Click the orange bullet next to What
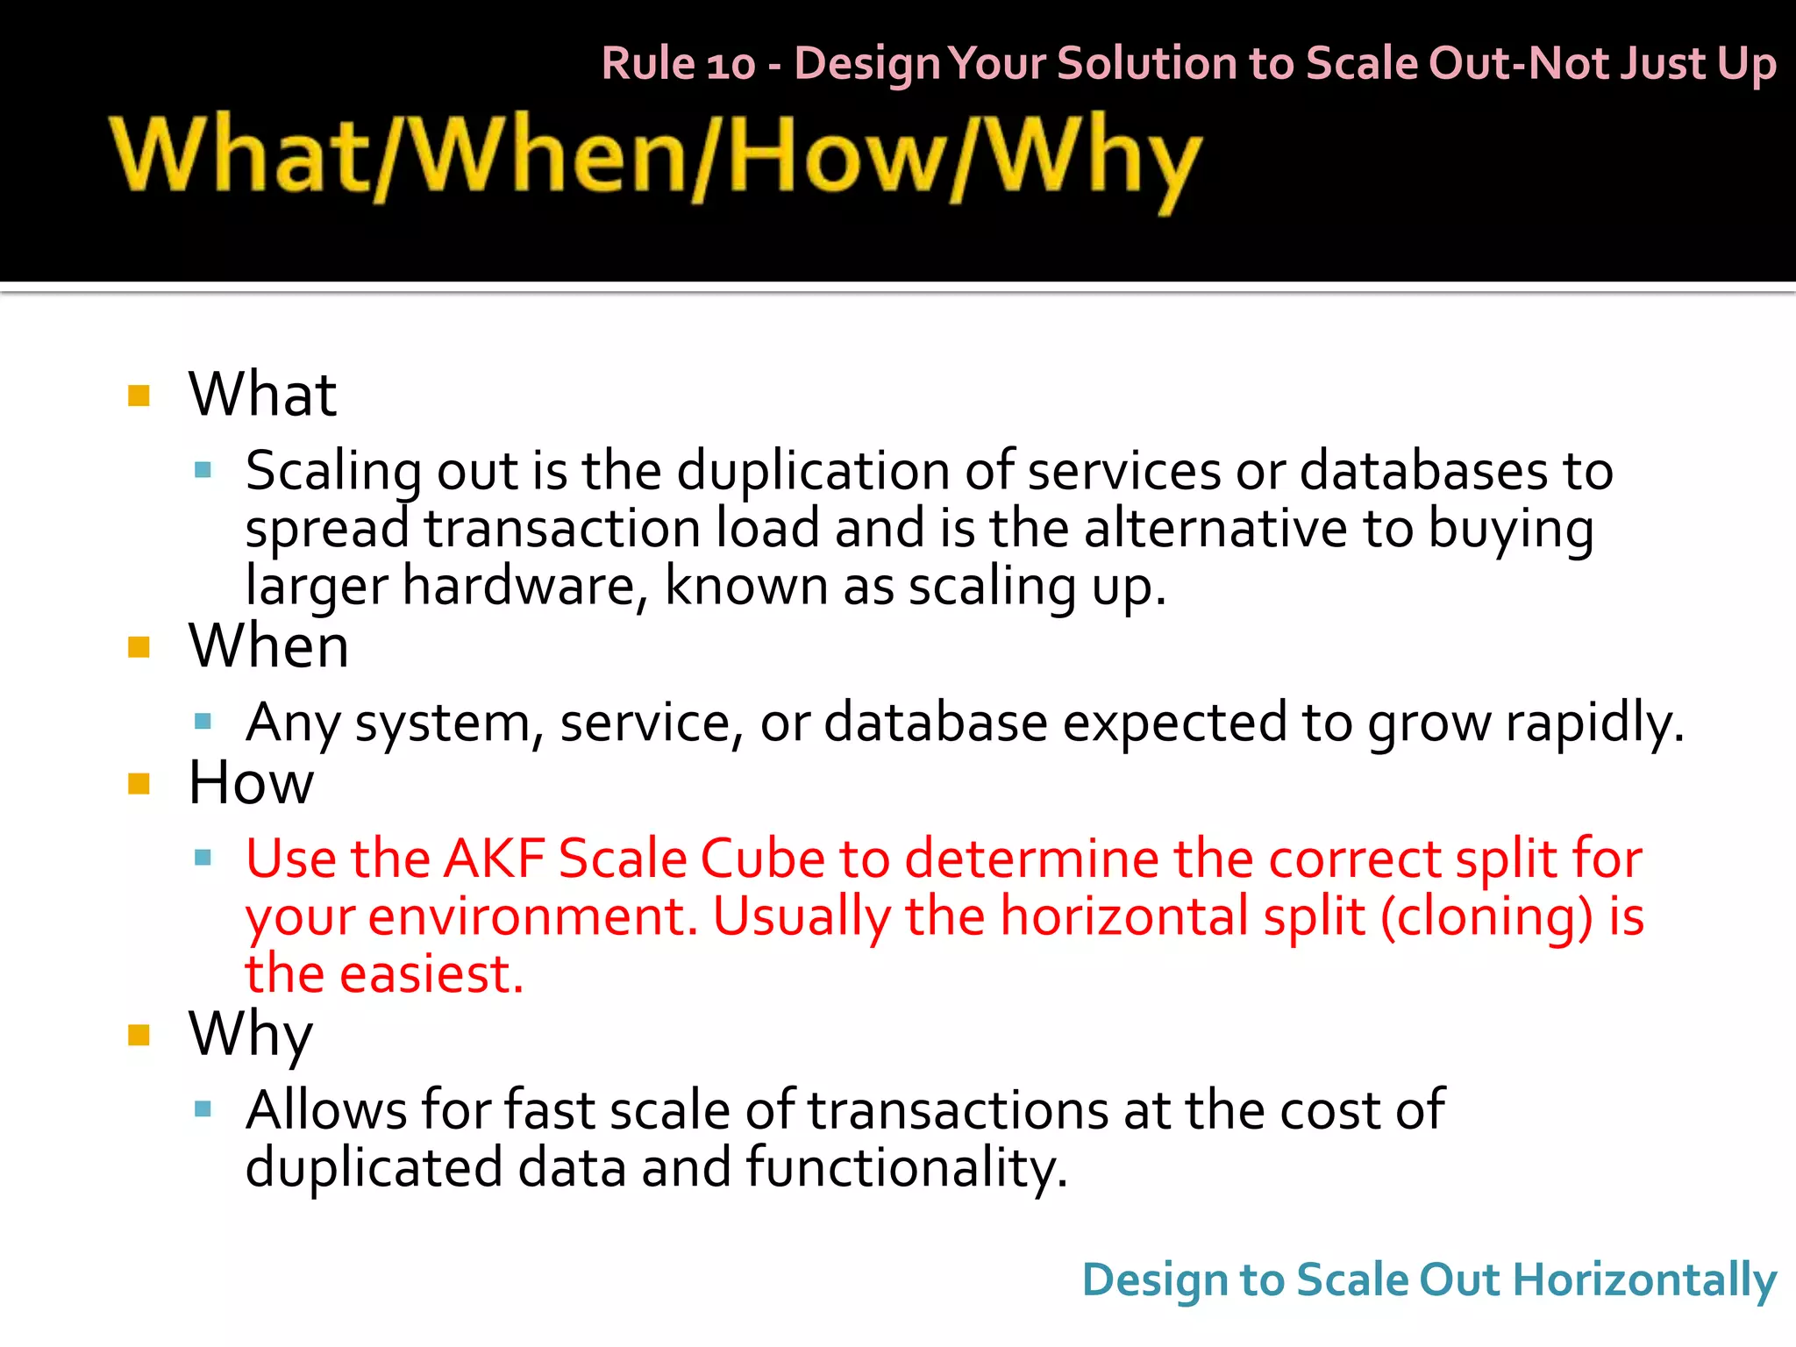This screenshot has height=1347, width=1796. point(139,396)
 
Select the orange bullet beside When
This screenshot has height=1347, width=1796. point(139,647)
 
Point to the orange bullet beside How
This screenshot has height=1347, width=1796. point(139,783)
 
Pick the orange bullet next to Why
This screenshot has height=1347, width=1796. point(139,1035)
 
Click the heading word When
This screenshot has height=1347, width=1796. point(268,646)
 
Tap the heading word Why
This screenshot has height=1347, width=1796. point(250,1035)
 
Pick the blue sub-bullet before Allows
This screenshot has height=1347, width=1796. point(203,1109)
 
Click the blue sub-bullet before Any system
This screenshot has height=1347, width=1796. point(203,722)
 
